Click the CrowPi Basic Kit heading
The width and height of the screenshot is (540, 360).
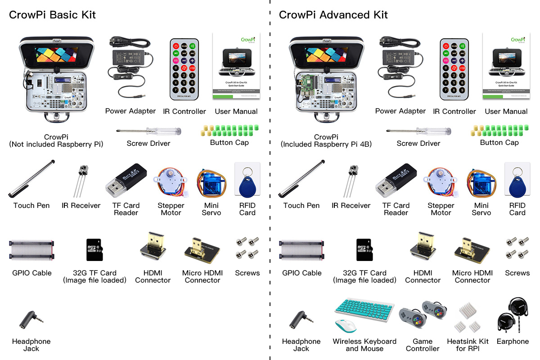coord(52,15)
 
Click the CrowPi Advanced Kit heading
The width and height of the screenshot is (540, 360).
coord(333,15)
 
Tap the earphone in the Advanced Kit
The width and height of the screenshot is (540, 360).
coord(512,320)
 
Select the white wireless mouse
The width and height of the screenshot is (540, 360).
coord(346,325)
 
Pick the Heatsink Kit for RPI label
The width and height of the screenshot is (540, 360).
coord(468,345)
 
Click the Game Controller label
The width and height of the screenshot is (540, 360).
coord(423,345)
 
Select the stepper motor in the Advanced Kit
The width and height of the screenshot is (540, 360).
coord(440,182)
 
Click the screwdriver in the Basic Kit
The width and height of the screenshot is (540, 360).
coord(148,131)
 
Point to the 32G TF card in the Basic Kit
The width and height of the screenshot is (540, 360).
coord(94,250)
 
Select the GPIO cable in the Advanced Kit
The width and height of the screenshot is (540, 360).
coord(301,250)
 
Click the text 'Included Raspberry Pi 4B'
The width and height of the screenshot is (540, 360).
coord(326,144)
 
